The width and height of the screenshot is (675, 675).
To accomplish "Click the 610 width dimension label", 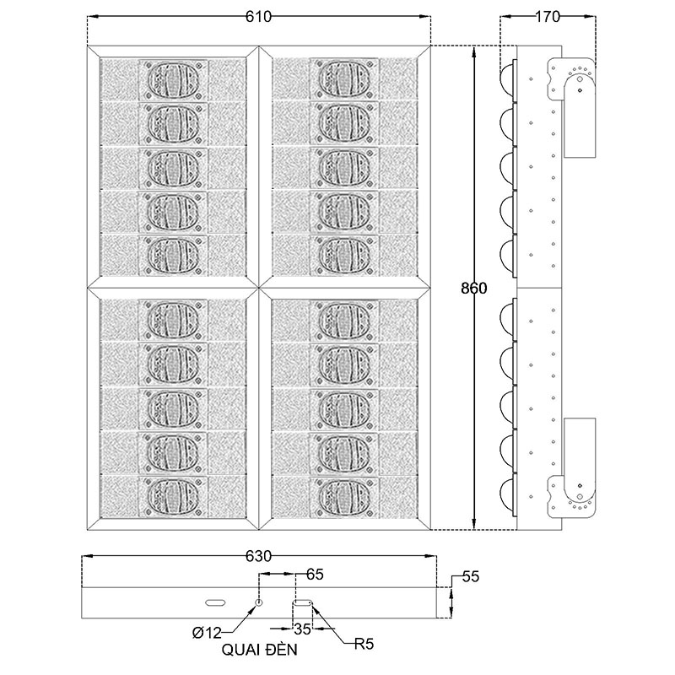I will pos(258,17).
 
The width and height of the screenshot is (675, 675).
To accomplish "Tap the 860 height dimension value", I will pos(474,288).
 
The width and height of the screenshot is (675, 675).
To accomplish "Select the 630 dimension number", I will pos(258,557).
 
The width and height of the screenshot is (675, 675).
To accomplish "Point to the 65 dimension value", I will pos(315,575).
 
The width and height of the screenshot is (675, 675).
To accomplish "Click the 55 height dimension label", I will pos(471,577).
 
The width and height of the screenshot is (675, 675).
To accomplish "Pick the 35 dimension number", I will pos(303,629).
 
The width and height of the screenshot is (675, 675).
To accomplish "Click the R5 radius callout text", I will pos(364,645).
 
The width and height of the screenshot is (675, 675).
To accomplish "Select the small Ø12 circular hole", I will pos(260,602).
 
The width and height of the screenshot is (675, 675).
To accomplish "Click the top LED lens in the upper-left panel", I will pos(175,80).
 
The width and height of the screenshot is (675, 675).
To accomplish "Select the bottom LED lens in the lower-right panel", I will pos(345,495).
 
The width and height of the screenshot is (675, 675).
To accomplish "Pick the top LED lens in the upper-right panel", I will pos(345,80).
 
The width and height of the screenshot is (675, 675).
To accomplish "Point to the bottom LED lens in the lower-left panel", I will pos(175,495).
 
